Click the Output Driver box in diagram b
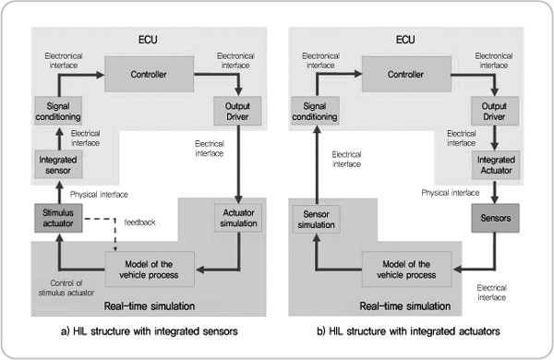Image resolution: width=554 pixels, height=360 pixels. [497, 112]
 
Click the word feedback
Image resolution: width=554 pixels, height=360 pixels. [139, 223]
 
